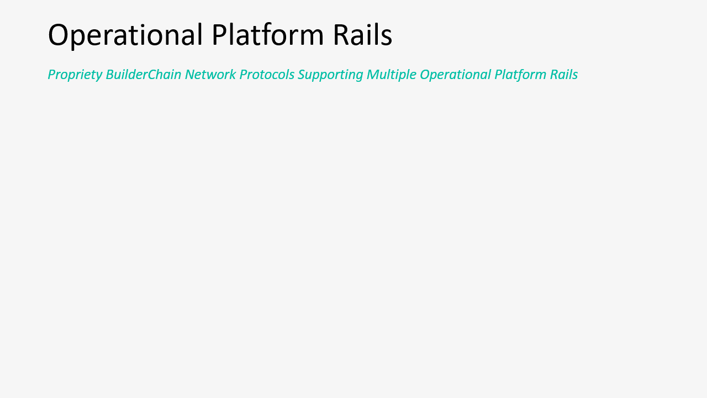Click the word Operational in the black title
[125, 35]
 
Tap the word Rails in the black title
[363, 34]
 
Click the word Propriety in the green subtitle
[75, 75]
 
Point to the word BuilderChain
[143, 75]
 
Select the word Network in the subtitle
[210, 75]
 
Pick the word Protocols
[267, 75]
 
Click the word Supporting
[330, 75]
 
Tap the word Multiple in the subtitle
[392, 75]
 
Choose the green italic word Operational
[455, 75]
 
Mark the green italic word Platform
[520, 75]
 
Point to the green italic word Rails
[564, 75]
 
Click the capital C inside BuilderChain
[153, 75]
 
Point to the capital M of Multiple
[373, 75]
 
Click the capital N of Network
[191, 75]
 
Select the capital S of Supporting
[302, 75]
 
